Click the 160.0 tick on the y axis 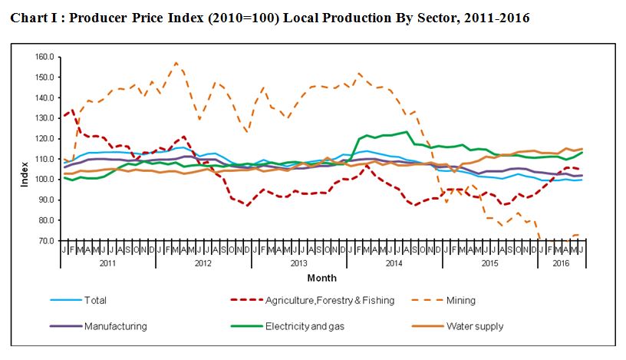click(x=43, y=57)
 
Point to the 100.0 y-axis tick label click(x=43, y=179)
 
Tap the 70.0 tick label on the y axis click(x=44, y=240)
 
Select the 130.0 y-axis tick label click(x=43, y=118)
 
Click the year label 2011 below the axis click(x=107, y=263)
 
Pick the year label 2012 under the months click(x=203, y=263)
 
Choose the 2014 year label click(x=394, y=263)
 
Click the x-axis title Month click(x=321, y=278)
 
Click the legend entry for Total click(x=96, y=301)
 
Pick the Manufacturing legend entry click(x=116, y=326)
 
